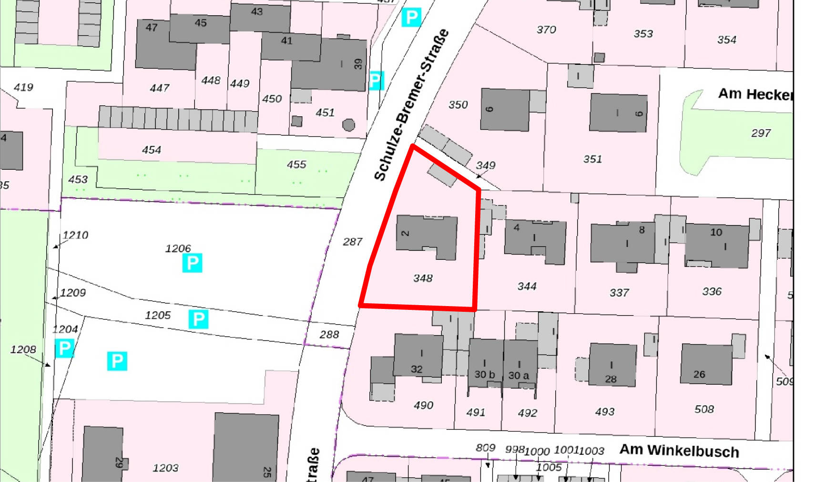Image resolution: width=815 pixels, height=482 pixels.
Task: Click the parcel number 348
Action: click(x=423, y=278)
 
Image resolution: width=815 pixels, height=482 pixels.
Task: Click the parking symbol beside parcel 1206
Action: click(x=192, y=263)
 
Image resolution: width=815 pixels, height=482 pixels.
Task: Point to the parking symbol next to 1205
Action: click(x=198, y=319)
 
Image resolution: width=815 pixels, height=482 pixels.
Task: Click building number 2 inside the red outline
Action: click(x=427, y=237)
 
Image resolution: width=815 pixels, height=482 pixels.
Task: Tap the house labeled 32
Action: click(x=418, y=356)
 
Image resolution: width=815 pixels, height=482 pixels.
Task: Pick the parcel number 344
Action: click(x=527, y=286)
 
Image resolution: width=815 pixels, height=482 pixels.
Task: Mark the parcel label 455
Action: click(x=296, y=164)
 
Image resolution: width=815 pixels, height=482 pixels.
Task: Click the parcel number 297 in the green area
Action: click(x=760, y=133)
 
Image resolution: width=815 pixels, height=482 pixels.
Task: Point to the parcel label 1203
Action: click(x=165, y=468)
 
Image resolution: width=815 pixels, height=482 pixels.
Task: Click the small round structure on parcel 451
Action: click(x=349, y=125)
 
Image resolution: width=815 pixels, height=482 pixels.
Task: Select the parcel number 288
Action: click(x=329, y=335)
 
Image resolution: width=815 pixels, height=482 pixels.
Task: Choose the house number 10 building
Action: click(x=716, y=244)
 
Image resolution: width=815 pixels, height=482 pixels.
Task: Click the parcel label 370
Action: click(x=546, y=30)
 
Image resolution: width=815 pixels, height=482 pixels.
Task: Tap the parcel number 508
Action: click(x=704, y=409)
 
